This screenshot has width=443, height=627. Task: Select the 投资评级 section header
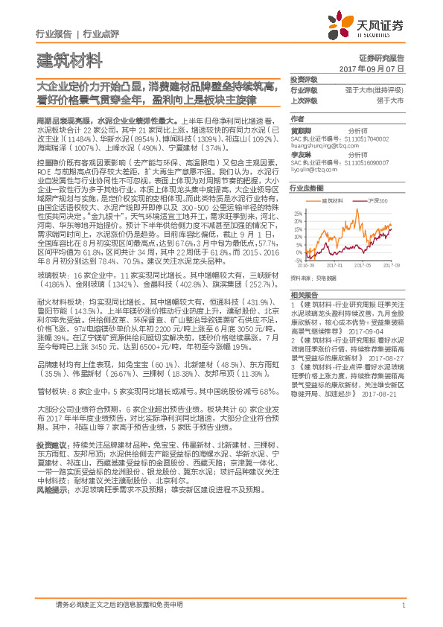(x=304, y=80)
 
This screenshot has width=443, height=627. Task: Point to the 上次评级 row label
(x=304, y=99)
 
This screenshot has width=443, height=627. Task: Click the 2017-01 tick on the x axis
(x=336, y=264)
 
